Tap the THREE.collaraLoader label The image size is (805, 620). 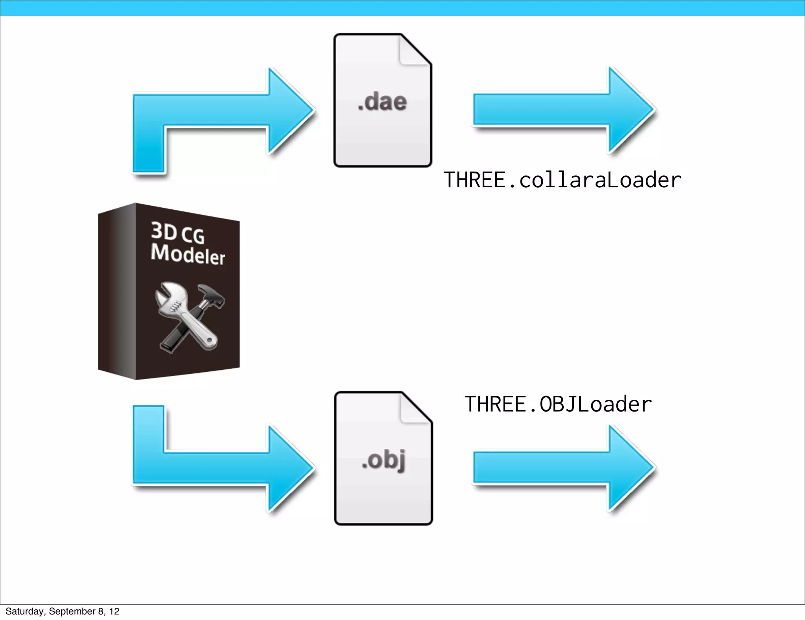562,180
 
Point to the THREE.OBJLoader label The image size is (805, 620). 558,404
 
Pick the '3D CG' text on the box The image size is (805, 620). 178,232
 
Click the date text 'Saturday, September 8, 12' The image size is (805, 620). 62,611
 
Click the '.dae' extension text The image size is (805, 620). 382,102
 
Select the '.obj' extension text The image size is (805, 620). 384,460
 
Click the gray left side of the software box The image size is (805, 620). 117,291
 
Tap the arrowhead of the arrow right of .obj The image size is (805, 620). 629,468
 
